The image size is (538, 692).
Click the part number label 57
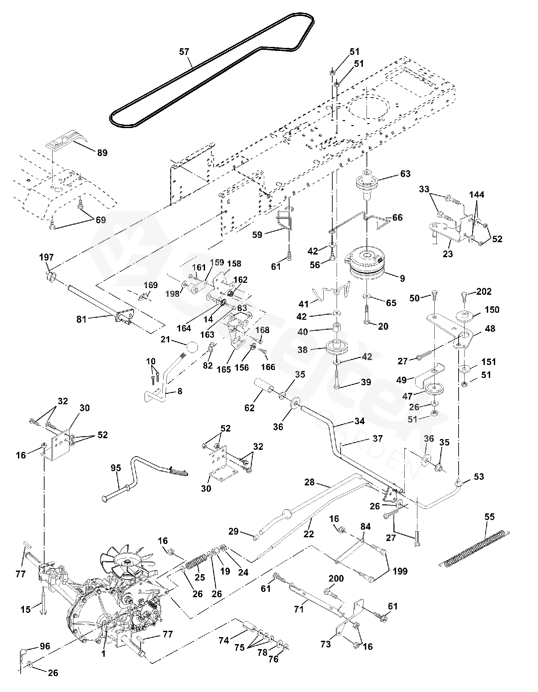click(184, 52)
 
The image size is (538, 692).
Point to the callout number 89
click(102, 153)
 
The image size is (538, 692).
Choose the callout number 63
click(405, 174)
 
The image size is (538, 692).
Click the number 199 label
click(400, 571)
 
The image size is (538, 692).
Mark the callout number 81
click(81, 319)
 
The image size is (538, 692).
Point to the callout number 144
click(477, 195)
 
